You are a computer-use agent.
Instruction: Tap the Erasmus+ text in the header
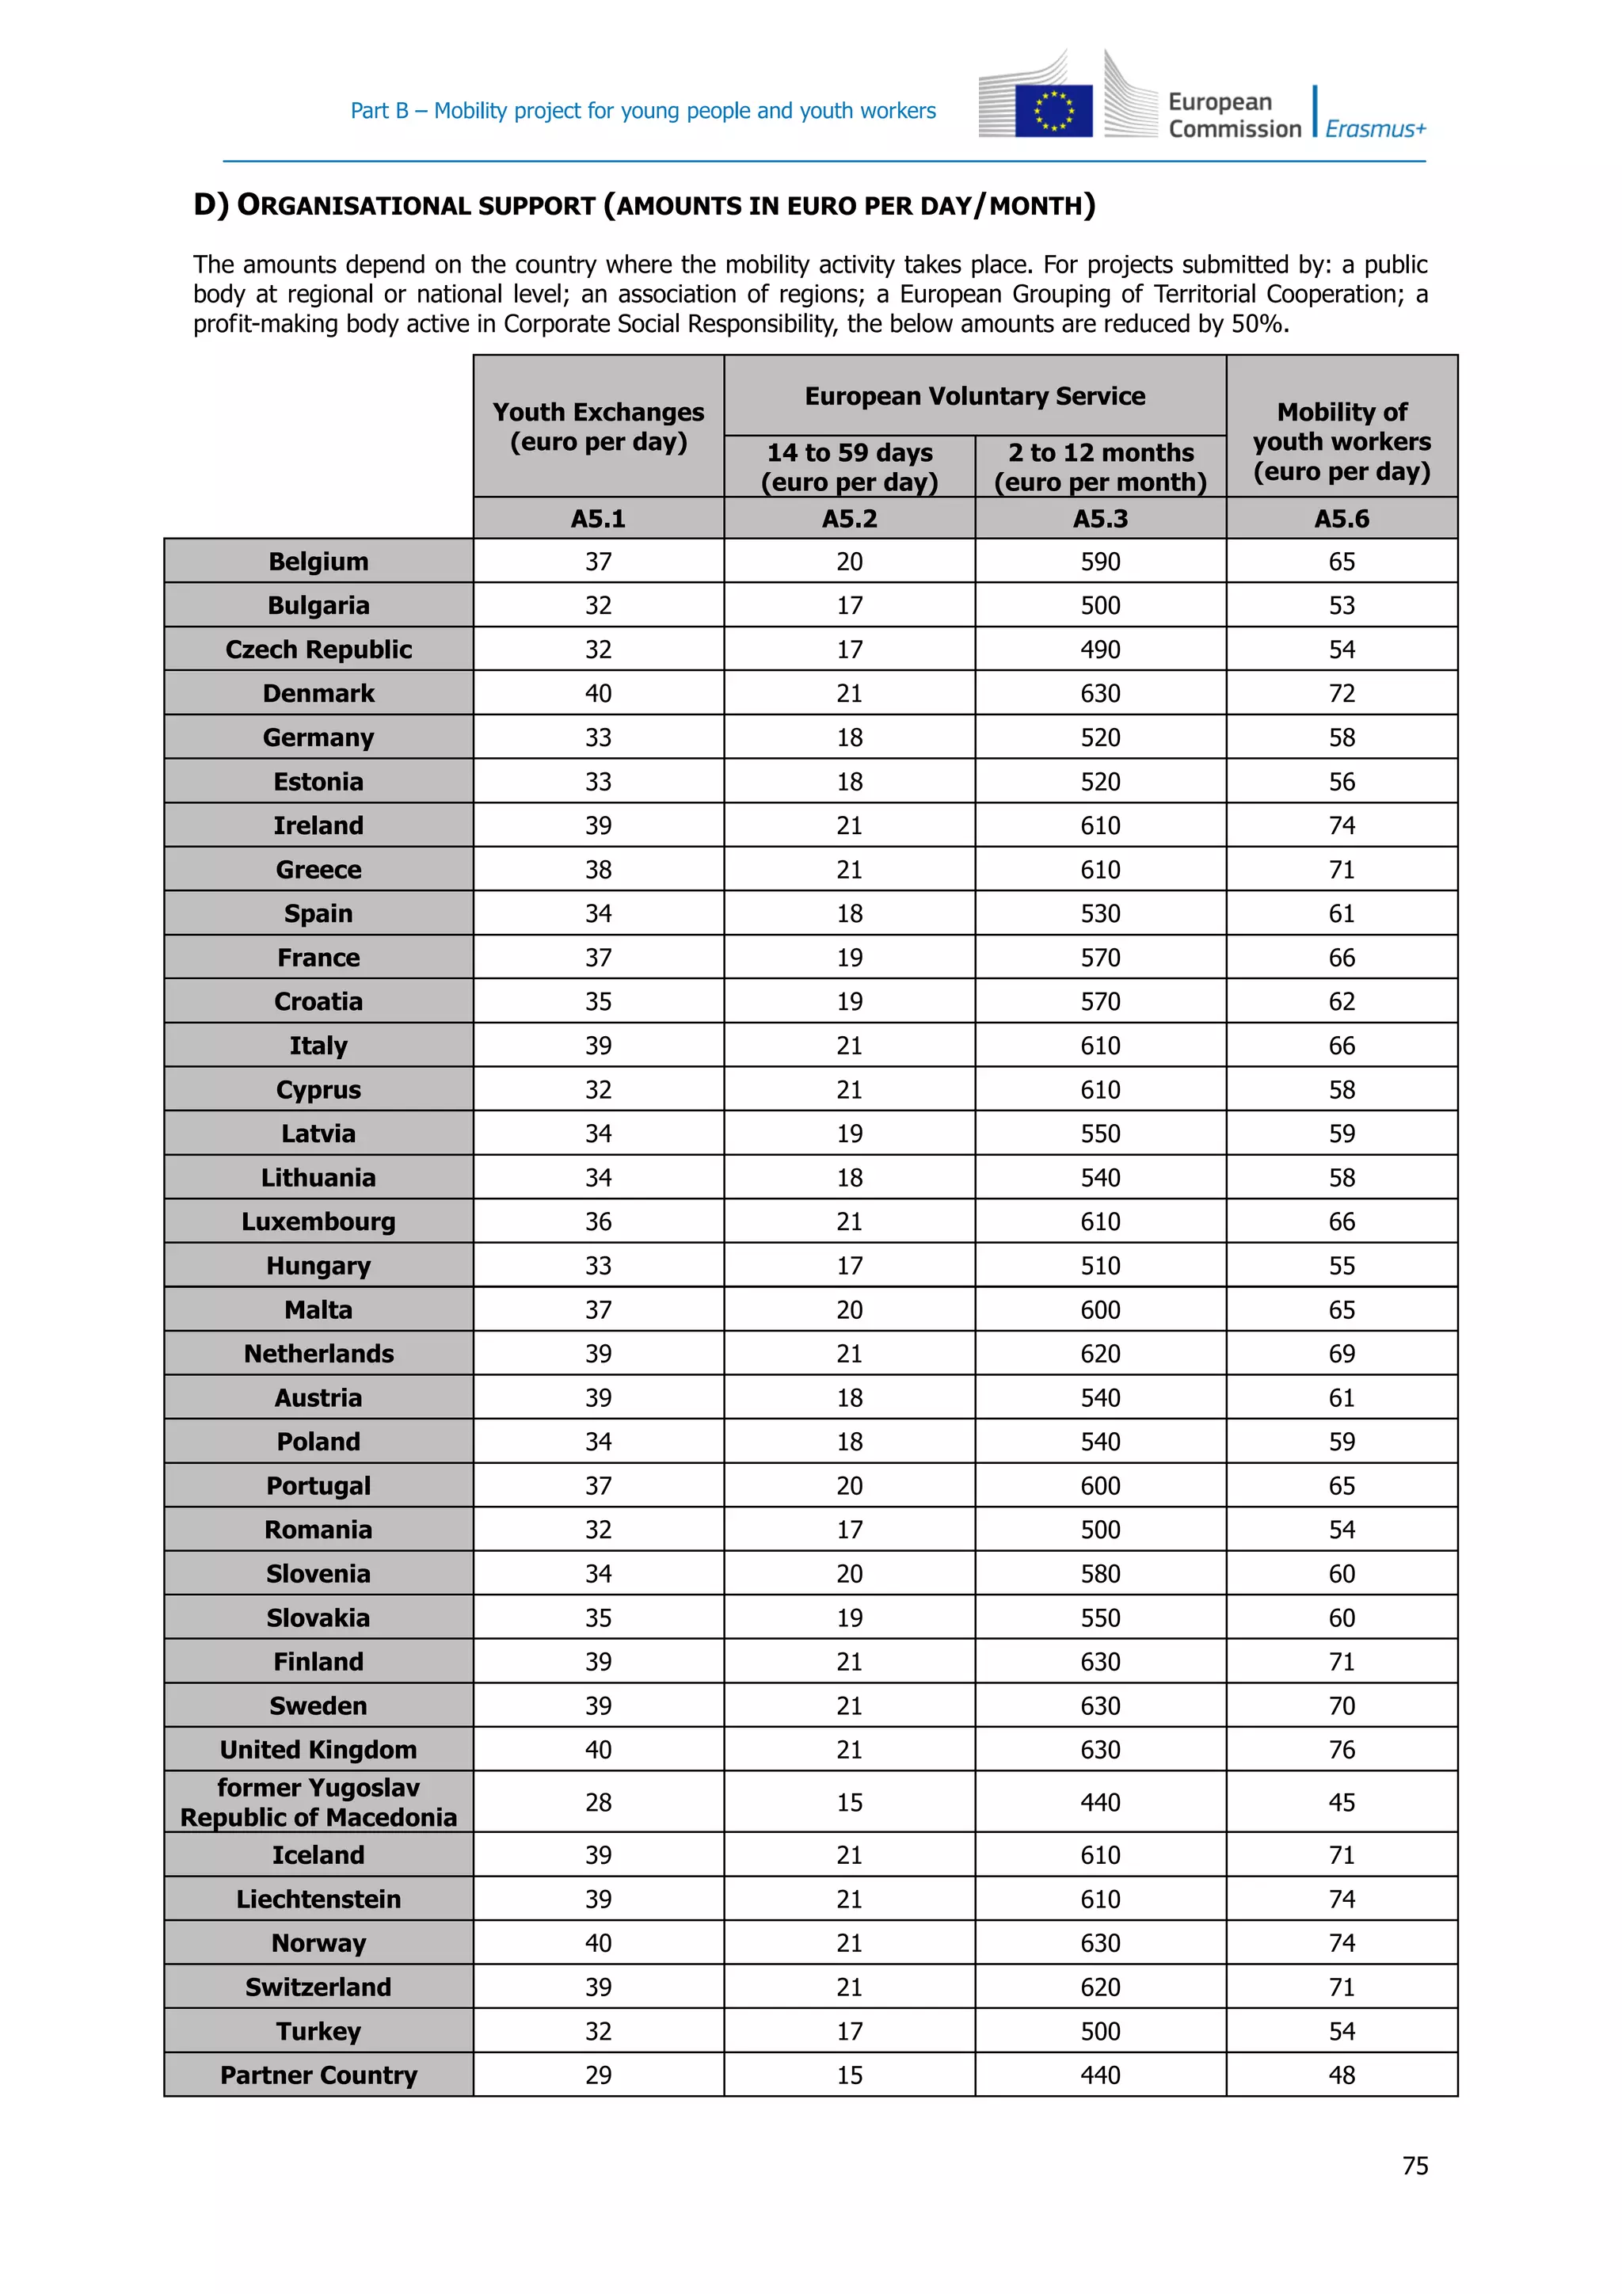click(x=1376, y=129)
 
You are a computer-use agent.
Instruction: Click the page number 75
click(x=1414, y=2165)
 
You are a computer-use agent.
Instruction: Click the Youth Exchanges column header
click(x=598, y=427)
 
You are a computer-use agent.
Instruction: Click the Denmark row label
click(x=318, y=693)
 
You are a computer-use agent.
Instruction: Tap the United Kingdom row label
click(x=318, y=1750)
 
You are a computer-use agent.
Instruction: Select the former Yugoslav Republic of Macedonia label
click(x=318, y=1801)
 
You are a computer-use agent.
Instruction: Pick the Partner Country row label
click(x=318, y=2075)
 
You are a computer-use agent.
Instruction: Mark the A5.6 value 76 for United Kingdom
click(x=1342, y=1750)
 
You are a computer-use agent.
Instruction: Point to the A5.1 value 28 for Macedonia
click(x=598, y=1802)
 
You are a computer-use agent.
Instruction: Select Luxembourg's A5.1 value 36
click(x=598, y=1222)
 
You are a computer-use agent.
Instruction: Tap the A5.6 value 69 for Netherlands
click(x=1342, y=1354)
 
